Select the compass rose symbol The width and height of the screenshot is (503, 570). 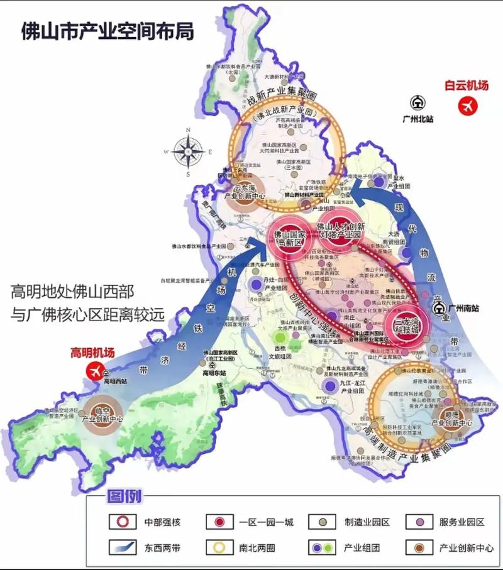pos(187,151)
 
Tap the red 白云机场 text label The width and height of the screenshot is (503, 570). pos(466,86)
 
